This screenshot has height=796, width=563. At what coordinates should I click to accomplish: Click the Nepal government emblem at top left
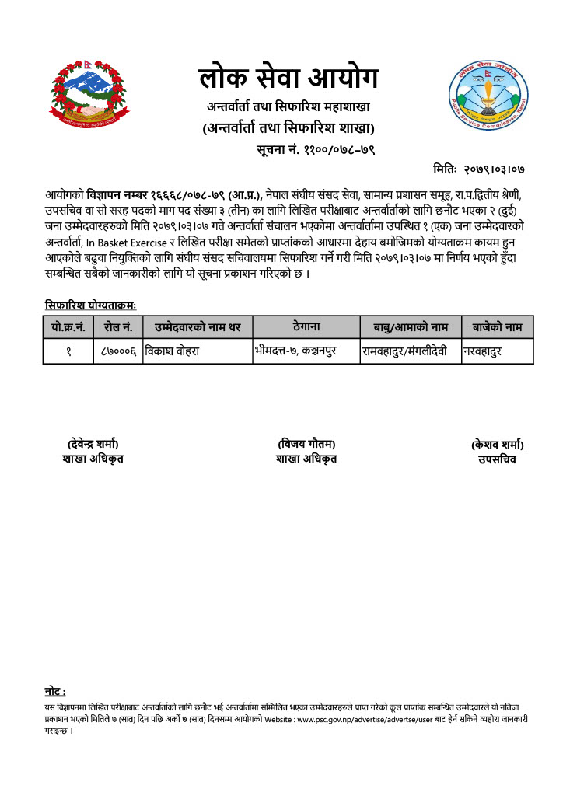click(89, 97)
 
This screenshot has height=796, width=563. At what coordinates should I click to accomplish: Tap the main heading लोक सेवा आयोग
click(288, 79)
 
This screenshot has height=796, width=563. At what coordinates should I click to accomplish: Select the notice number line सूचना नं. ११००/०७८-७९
click(316, 149)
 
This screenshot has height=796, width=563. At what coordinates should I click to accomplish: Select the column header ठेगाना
click(306, 326)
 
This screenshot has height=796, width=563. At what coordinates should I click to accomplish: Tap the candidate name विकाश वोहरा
click(173, 351)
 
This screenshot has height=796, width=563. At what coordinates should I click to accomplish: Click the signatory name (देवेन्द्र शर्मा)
click(93, 444)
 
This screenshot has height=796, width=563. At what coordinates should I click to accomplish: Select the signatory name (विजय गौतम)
click(306, 444)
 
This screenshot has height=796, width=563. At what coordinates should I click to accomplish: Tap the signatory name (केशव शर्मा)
click(497, 445)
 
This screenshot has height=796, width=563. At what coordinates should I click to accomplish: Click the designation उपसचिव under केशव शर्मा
click(497, 459)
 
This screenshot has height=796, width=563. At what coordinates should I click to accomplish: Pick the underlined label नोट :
click(55, 691)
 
